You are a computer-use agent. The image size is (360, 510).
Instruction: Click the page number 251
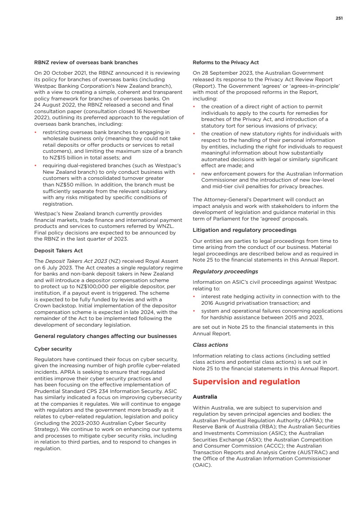click(x=339, y=18)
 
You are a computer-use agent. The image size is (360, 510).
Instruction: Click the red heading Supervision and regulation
click(x=246, y=382)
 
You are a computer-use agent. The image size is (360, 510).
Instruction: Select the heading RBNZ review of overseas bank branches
click(x=86, y=62)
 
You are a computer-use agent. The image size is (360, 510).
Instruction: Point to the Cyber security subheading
click(x=53, y=349)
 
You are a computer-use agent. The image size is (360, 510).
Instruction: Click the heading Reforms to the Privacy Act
click(x=226, y=62)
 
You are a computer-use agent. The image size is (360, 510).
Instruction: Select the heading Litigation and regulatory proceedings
click(x=244, y=230)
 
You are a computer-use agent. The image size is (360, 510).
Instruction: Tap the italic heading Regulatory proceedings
click(x=225, y=272)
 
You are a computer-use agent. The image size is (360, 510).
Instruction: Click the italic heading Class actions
click(x=210, y=345)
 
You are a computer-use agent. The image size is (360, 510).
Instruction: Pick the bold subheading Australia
click(x=205, y=397)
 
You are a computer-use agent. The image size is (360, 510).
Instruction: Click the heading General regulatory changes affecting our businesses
click(x=105, y=336)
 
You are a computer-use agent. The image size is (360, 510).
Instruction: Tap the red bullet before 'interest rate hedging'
click(x=194, y=296)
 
